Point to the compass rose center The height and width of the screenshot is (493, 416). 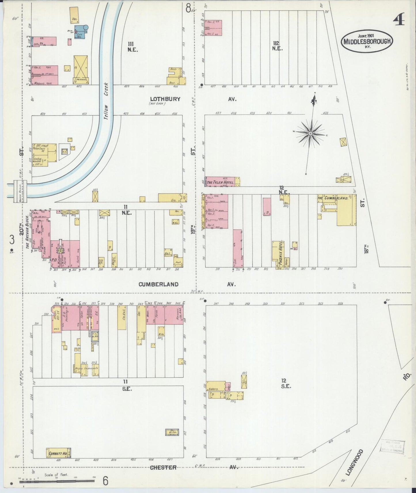click(x=310, y=134)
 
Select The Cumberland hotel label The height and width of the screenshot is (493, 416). click(x=333, y=198)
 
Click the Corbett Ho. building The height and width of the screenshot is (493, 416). click(x=58, y=453)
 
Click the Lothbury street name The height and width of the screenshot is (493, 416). click(x=165, y=99)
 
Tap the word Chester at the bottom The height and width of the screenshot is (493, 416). click(x=163, y=467)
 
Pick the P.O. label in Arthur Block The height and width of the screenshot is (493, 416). click(x=53, y=260)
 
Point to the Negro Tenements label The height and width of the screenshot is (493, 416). click(x=86, y=368)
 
